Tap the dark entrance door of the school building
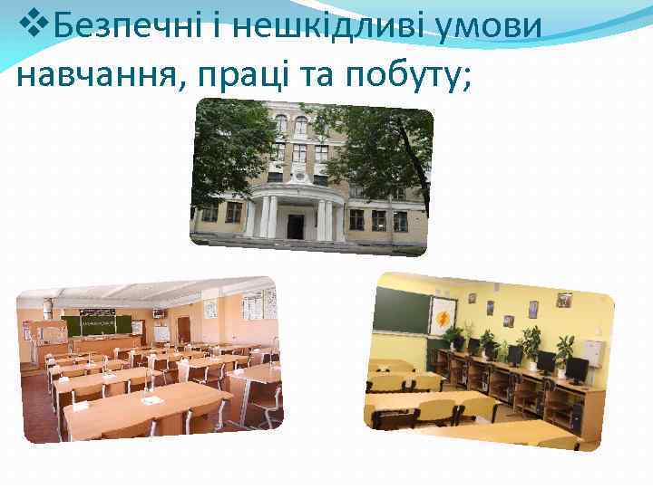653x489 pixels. (297, 225)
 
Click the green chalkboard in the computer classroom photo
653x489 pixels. (401, 312)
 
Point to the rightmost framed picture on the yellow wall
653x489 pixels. (563, 299)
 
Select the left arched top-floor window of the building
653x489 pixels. (281, 124)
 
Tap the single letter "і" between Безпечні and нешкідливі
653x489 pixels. (211, 31)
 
